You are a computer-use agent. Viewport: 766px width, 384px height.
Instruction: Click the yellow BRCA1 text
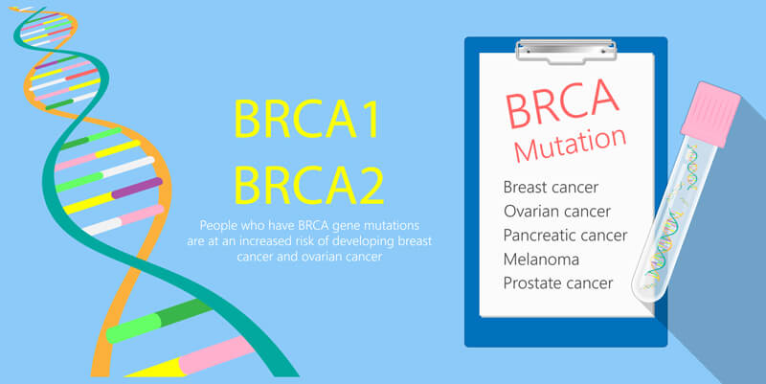tap(306, 119)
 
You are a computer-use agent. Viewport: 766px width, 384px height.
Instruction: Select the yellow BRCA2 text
tap(308, 185)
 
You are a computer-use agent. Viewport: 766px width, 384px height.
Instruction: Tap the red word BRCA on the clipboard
tap(562, 102)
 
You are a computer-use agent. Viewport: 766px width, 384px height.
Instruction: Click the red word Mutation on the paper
tap(570, 145)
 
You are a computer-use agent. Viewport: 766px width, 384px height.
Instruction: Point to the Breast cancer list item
tap(551, 187)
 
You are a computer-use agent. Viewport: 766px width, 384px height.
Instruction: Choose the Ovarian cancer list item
tap(557, 211)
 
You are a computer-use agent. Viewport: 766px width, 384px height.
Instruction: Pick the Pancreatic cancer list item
tap(565, 235)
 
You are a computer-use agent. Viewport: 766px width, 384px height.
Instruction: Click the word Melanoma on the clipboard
tap(541, 259)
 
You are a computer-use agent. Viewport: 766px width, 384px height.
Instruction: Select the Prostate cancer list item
tap(558, 282)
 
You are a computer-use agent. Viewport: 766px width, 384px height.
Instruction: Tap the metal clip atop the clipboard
tap(566, 51)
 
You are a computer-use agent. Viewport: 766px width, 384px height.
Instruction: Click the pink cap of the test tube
tap(710, 114)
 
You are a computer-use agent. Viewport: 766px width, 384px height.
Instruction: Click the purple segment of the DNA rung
tap(137, 188)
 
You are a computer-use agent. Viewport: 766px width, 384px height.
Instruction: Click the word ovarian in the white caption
tap(322, 257)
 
